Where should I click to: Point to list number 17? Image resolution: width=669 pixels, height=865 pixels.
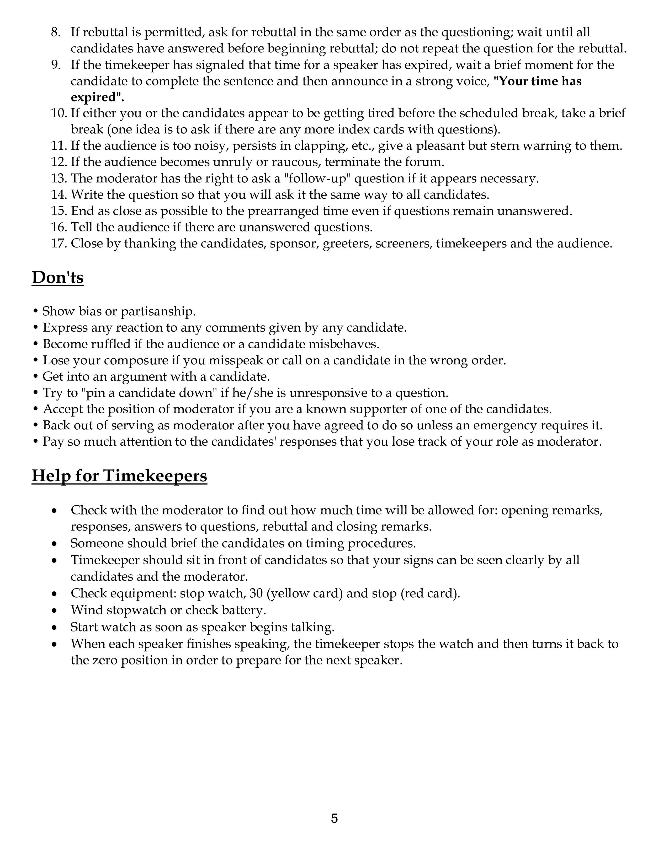58,243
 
